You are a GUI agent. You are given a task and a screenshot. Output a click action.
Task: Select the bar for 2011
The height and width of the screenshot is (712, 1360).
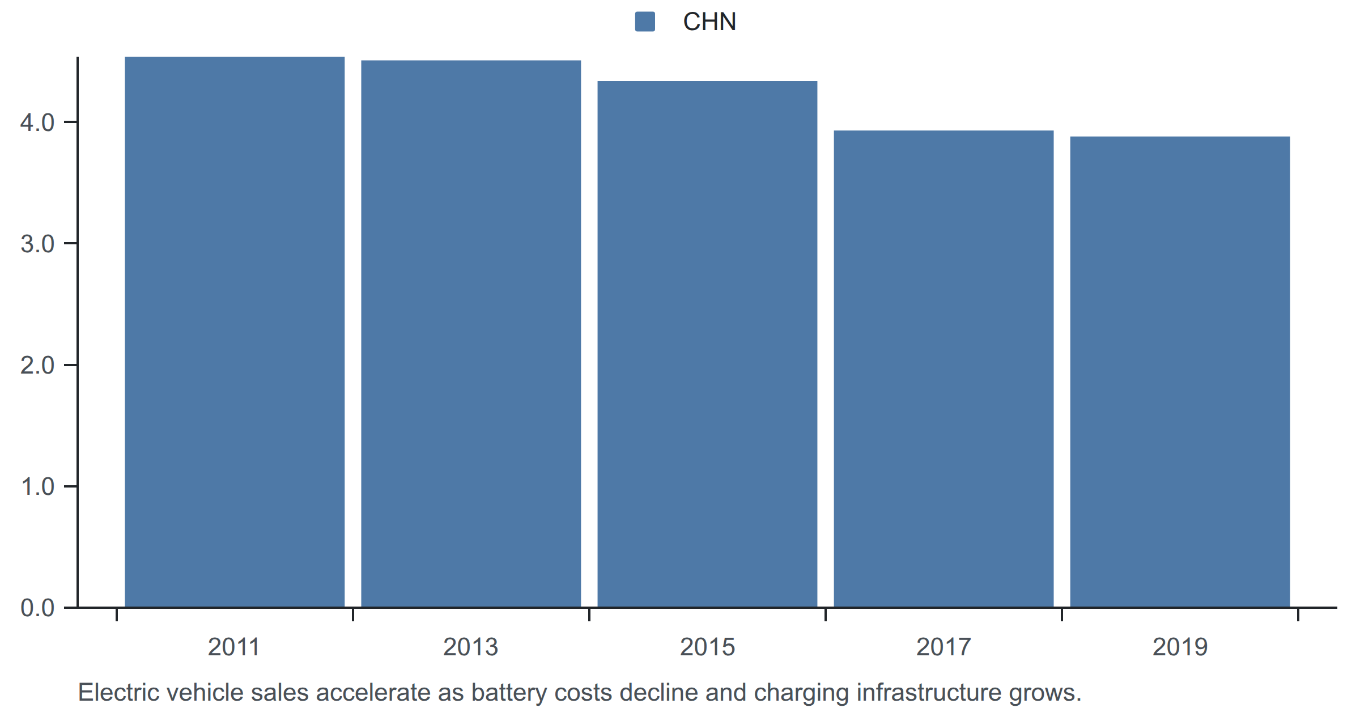pos(235,332)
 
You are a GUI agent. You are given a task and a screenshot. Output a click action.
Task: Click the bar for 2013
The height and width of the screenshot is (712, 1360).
pos(471,334)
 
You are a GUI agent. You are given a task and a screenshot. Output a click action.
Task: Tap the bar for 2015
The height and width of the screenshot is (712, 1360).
pos(707,344)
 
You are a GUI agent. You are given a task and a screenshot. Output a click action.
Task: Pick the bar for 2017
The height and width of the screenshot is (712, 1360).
pos(943,369)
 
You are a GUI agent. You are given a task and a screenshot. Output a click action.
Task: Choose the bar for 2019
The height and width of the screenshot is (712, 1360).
pos(1180,372)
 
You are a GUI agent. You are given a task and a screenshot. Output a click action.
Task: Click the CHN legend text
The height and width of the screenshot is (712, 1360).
pos(709,22)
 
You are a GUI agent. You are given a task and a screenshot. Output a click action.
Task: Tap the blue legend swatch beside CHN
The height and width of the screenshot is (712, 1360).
pos(645,22)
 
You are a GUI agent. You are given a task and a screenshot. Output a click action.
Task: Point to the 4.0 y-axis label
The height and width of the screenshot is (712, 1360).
pos(37,122)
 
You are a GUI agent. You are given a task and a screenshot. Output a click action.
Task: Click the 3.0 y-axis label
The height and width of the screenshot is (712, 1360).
pos(37,244)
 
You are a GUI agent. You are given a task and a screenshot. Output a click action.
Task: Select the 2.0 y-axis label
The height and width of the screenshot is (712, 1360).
pos(37,365)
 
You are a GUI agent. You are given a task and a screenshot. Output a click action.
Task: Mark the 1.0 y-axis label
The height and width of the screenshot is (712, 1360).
pos(37,486)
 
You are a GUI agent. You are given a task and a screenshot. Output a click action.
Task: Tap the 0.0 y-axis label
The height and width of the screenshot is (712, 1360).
pos(37,608)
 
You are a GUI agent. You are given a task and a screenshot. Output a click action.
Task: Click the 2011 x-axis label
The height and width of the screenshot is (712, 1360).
pos(233,647)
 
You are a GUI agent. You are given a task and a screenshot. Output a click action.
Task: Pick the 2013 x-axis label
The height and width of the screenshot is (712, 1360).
pos(470,647)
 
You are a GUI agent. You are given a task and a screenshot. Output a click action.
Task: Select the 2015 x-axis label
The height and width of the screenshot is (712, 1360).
pos(707,647)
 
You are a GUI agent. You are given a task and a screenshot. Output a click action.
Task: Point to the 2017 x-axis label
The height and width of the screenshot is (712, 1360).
pos(943,647)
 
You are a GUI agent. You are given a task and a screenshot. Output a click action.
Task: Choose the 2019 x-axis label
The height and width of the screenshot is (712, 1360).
pos(1180,647)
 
